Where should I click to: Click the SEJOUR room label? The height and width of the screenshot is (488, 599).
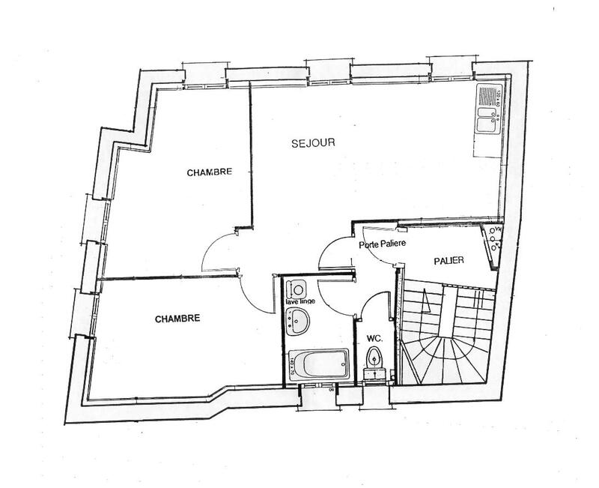(x=312, y=142)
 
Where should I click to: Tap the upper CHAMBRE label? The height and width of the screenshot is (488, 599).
(x=210, y=172)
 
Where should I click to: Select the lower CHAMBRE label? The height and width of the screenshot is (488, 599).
(x=177, y=318)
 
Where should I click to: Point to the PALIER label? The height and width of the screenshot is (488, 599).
(x=449, y=260)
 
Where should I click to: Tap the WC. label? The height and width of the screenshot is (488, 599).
(x=375, y=339)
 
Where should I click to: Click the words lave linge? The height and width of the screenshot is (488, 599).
(x=299, y=301)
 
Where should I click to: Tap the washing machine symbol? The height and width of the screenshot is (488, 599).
(x=297, y=287)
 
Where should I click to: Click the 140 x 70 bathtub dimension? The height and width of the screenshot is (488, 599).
(x=288, y=365)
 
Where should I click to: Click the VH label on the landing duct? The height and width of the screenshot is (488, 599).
(x=496, y=231)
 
